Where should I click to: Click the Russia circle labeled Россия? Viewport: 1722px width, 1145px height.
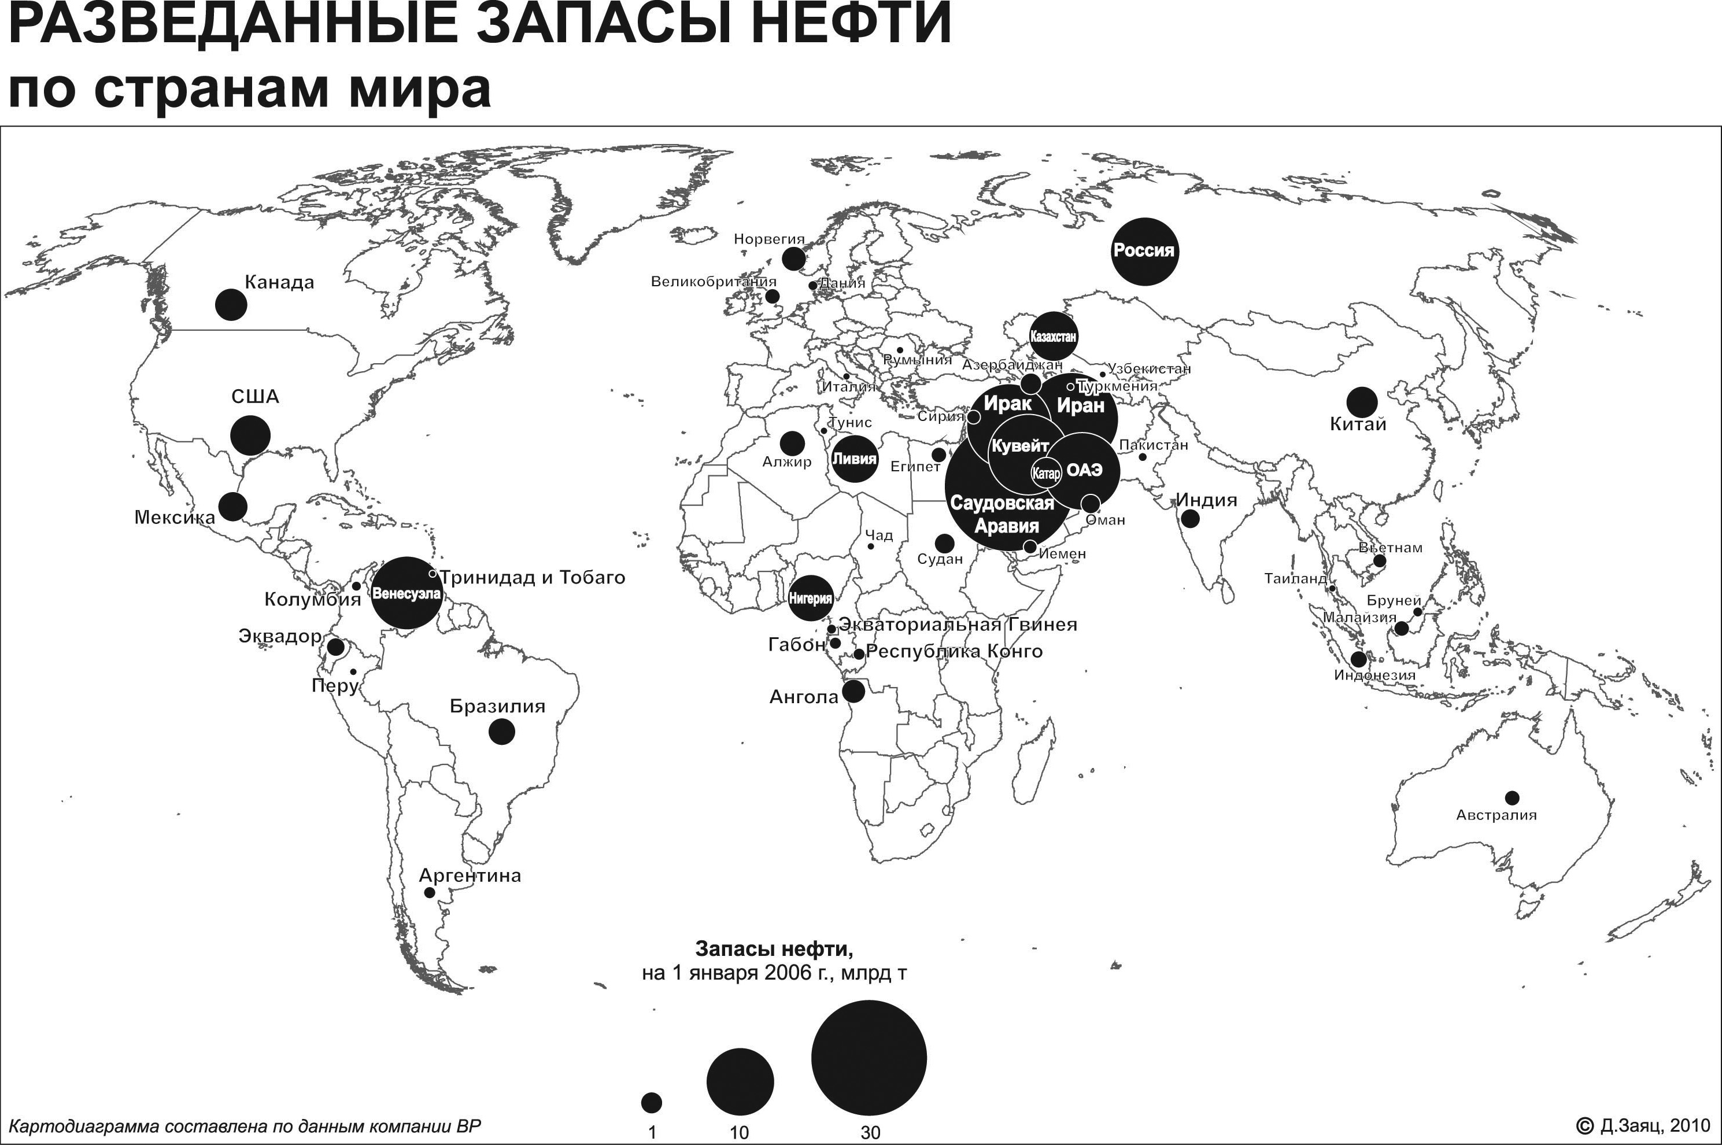point(1144,251)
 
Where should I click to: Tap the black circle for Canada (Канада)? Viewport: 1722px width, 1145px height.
point(231,304)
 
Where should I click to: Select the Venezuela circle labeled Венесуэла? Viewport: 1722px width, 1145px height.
point(407,593)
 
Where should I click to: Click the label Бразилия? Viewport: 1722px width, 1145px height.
point(497,706)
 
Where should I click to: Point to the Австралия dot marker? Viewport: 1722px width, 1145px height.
point(1512,797)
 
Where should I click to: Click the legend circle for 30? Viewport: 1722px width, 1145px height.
point(869,1057)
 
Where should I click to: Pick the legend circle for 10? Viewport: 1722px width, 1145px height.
point(740,1081)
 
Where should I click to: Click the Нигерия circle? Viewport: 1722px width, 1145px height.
point(810,598)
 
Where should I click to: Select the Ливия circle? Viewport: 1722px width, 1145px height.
point(854,459)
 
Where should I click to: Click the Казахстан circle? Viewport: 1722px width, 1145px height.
point(1054,337)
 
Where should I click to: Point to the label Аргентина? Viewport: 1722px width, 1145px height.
point(470,876)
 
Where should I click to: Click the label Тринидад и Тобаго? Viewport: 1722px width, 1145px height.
point(532,578)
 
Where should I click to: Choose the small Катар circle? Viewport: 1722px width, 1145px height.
point(1045,473)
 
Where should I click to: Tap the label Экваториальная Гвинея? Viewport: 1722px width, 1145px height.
point(958,625)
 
